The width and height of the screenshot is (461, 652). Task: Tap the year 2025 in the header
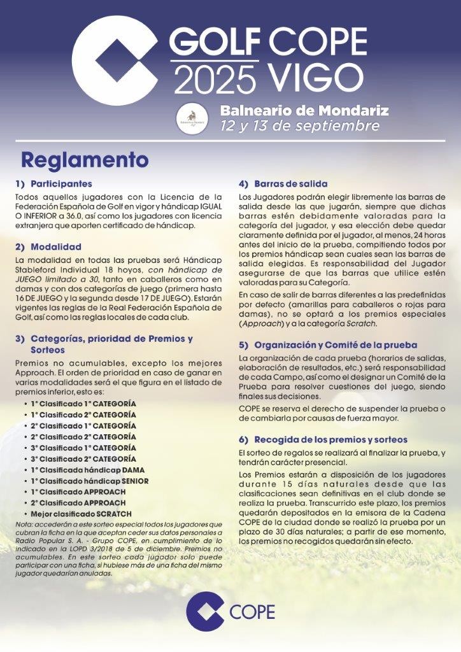pyautogui.click(x=214, y=81)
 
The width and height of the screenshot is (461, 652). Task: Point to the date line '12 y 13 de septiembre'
pyautogui.click(x=300, y=125)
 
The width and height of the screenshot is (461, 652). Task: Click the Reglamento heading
pyautogui.click(x=84, y=158)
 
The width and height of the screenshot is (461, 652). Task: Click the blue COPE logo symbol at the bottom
pyautogui.click(x=206, y=612)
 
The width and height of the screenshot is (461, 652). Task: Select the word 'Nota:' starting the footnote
pyautogui.click(x=24, y=524)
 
